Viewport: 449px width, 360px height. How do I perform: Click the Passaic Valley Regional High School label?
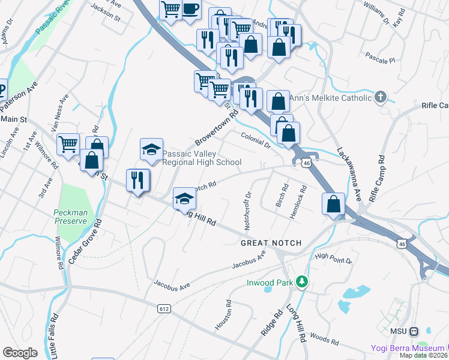202,158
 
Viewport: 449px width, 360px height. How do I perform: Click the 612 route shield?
164,308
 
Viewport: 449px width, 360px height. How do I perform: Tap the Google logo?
20,353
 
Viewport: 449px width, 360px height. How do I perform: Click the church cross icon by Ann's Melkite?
380,97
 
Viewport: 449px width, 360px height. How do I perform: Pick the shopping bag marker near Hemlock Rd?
334,204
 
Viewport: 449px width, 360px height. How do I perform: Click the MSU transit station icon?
429,331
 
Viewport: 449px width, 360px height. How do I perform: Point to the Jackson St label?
106,14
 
